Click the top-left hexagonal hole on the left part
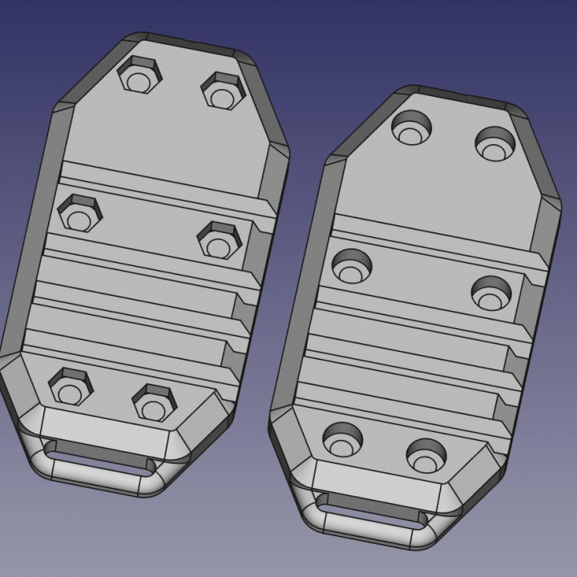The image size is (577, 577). [x=140, y=77]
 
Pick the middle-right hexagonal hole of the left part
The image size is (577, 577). [x=218, y=239]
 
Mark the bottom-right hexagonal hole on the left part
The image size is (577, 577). [x=152, y=401]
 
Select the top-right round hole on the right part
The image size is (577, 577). [x=494, y=143]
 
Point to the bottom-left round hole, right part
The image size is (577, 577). [x=344, y=440]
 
